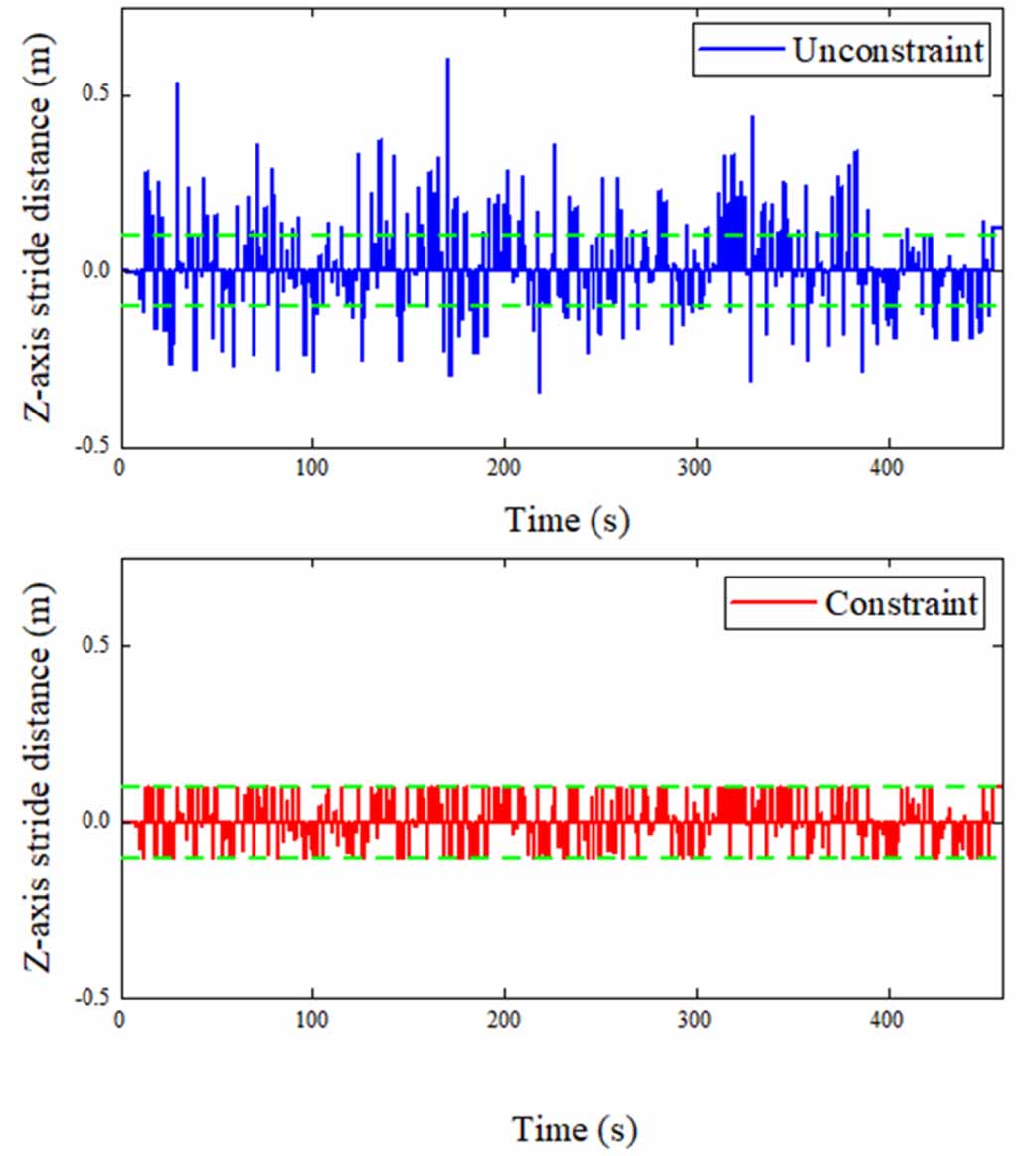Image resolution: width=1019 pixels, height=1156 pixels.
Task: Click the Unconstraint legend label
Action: tap(889, 52)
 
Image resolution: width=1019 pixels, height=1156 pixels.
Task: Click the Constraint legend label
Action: tap(901, 603)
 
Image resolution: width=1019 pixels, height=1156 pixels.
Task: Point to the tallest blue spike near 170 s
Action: tap(447, 62)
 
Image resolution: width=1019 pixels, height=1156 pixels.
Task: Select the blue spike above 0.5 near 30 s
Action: tap(177, 85)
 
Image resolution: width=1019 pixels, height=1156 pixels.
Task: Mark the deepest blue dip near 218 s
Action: tap(539, 390)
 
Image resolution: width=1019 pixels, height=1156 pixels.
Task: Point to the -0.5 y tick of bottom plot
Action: tap(91, 997)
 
